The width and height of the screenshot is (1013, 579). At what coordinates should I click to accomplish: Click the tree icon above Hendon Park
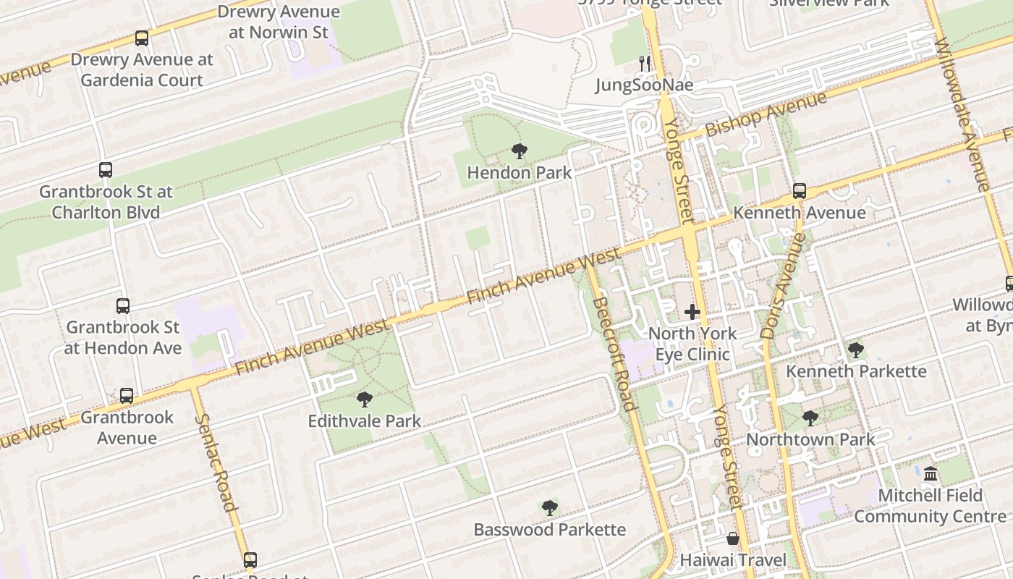(x=519, y=151)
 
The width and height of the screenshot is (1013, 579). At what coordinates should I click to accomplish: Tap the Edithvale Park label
(x=365, y=420)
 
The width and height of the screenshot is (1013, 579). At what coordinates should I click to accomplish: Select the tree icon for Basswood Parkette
(x=550, y=508)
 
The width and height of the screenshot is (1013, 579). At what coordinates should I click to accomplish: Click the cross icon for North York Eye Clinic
(x=692, y=313)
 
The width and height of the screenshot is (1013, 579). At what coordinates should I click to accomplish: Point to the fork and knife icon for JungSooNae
(x=644, y=64)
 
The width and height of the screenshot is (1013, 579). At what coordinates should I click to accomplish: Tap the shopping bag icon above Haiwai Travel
(x=733, y=539)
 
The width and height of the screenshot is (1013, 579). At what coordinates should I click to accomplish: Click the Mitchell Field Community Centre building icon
(x=931, y=474)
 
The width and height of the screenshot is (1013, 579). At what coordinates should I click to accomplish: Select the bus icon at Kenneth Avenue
(x=800, y=191)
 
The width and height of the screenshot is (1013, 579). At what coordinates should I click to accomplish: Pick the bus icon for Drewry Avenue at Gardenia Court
(x=142, y=38)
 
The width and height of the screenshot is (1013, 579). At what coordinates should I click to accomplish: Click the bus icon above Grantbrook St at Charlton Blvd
(x=106, y=170)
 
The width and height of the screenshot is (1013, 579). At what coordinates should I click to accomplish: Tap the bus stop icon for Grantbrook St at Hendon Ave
(x=123, y=306)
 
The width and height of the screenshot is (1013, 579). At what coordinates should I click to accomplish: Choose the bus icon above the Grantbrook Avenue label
(x=127, y=396)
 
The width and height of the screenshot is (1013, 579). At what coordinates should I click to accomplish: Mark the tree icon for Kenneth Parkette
(x=856, y=350)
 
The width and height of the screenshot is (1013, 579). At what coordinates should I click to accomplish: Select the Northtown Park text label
(x=810, y=439)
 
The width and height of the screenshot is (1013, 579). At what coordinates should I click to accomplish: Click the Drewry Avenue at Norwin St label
(x=279, y=22)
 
